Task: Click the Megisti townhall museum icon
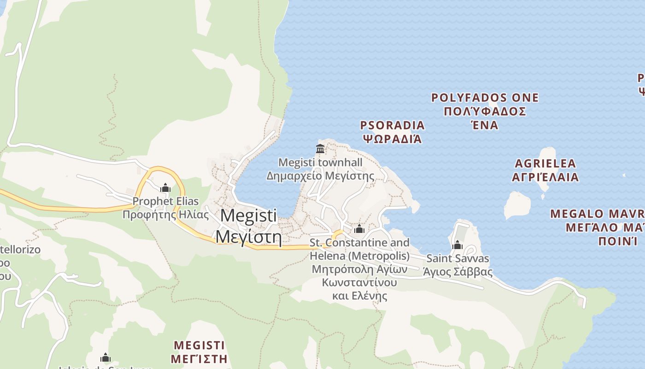(x=320, y=149)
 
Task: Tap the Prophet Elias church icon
(x=165, y=188)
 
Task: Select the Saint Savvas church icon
(x=457, y=245)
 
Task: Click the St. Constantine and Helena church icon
(x=359, y=229)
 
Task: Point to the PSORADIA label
(x=393, y=125)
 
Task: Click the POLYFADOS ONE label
(x=485, y=98)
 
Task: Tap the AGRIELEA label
(x=545, y=163)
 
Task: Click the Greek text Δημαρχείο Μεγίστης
(x=321, y=176)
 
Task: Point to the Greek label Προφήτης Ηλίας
(x=166, y=214)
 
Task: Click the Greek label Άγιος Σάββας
(x=458, y=272)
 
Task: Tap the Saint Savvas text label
(x=458, y=258)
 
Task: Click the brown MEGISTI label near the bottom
(x=199, y=345)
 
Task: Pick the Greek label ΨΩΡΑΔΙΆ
(x=393, y=138)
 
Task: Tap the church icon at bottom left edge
(x=106, y=357)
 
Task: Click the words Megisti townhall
(x=321, y=162)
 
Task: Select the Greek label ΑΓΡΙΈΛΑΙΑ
(x=545, y=177)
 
